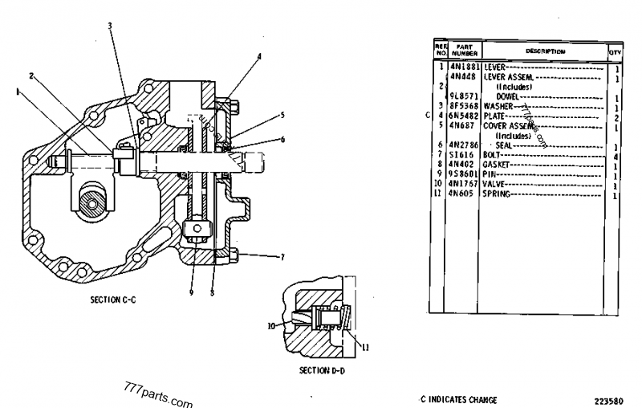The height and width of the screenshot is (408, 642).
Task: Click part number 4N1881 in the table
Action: (465, 66)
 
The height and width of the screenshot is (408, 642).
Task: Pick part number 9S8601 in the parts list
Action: (465, 174)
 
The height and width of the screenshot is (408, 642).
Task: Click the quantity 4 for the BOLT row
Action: (616, 156)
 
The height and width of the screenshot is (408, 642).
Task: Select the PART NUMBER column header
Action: (465, 51)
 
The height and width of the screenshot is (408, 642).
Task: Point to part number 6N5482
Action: (465, 116)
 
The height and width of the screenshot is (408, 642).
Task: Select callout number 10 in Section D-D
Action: (271, 325)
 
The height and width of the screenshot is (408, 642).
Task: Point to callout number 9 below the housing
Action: (192, 292)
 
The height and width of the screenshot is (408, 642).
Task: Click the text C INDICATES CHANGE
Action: (458, 399)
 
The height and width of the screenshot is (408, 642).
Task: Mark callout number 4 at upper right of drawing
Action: (259, 56)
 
